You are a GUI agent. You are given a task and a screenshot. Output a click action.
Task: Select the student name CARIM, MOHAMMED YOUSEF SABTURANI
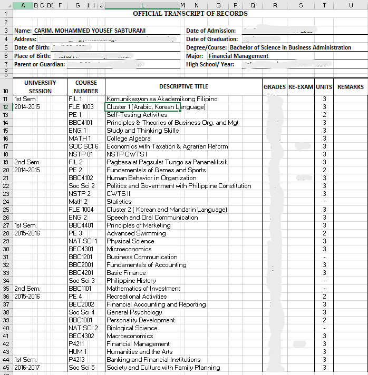[x=90, y=31]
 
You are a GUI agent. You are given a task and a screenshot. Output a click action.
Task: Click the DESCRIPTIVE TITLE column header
[x=183, y=86]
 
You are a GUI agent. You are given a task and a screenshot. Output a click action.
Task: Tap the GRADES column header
[x=275, y=87]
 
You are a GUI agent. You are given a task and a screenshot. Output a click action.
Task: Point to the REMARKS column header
[x=351, y=87]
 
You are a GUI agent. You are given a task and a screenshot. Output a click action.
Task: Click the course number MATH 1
[x=77, y=139]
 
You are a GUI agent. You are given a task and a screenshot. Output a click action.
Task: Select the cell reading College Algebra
[x=129, y=139]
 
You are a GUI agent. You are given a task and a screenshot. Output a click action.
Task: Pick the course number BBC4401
[x=80, y=225]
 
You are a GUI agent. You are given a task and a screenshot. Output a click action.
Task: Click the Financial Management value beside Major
[x=238, y=56]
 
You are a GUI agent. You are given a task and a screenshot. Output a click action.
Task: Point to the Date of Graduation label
[x=212, y=39]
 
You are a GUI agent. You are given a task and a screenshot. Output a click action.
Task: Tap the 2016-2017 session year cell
[x=27, y=368]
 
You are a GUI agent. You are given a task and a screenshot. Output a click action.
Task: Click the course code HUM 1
[x=78, y=352]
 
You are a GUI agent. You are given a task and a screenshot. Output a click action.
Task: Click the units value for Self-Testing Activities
[x=325, y=115]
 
